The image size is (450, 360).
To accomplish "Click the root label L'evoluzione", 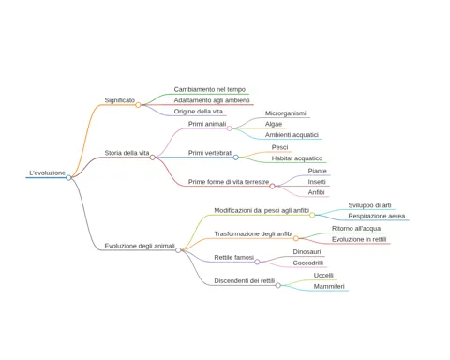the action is tap(47, 172).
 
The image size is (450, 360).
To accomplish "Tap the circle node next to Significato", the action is tap(138, 105).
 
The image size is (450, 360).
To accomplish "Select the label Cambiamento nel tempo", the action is tap(210, 89).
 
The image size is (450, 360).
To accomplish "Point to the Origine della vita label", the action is tap(199, 112).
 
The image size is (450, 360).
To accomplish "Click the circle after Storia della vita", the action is tap(153, 157).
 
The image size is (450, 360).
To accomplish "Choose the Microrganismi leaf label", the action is tap(286, 113).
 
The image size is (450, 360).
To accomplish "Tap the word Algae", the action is tap(274, 124).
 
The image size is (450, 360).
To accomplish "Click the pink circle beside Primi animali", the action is tap(230, 128).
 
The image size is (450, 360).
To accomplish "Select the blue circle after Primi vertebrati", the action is tap(236, 157).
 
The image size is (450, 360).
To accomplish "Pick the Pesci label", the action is tap(279, 147).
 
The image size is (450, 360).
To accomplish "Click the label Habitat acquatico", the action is tap(297, 158).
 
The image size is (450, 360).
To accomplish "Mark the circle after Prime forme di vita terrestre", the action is tap(272, 187).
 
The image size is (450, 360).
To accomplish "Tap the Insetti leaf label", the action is tap(317, 182).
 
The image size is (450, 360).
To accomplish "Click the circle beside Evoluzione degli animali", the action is tap(178, 250).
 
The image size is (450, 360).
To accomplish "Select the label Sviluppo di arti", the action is tap(369, 205).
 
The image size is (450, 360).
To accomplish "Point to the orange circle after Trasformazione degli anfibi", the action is tap(296, 238).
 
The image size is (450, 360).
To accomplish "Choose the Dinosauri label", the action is tap(307, 252).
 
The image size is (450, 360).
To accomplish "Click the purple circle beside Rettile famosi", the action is tap(257, 262).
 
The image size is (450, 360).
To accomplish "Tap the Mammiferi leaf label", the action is tap(329, 286).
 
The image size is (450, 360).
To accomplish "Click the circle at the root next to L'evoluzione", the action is tap(68, 177).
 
